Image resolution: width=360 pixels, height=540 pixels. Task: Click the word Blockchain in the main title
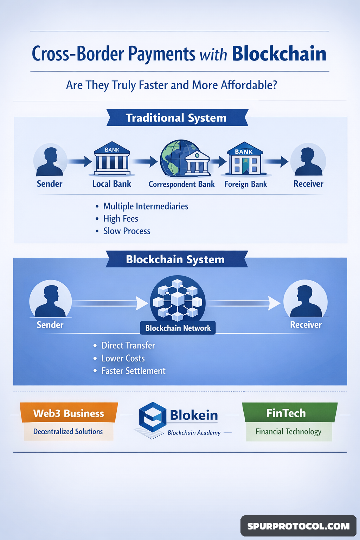coord(279,54)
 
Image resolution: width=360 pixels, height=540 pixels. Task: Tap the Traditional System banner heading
coord(176,118)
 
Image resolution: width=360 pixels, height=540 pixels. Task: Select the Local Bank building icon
coord(112,160)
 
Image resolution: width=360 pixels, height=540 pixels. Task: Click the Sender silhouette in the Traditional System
coord(50,161)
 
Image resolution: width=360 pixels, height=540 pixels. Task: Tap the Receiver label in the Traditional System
coord(308,184)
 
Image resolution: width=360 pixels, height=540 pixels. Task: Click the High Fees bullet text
coord(121,219)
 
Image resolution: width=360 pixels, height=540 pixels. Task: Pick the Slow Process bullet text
coord(127,231)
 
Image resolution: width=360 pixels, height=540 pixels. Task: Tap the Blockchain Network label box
coord(178,328)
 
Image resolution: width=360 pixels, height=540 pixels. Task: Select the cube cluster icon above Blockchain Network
coord(178,299)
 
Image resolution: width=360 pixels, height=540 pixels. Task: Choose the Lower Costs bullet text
coord(123,358)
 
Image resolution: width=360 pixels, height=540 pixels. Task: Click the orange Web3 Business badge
coord(69,413)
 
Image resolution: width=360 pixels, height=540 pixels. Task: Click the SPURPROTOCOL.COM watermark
coord(298,526)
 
